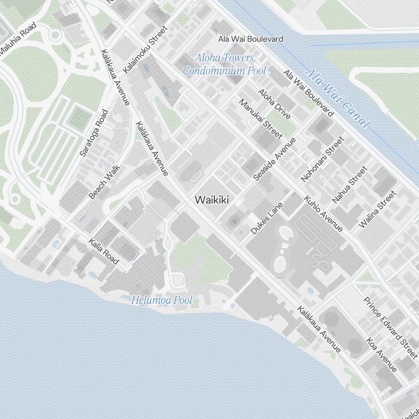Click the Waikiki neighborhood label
[212, 200]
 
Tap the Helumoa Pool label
[162, 300]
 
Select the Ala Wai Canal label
[338, 98]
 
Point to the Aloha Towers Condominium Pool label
[224, 64]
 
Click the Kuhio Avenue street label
[323, 213]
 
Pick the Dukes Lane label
[267, 218]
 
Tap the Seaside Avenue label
[274, 159]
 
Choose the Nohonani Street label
[322, 159]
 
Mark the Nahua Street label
[349, 185]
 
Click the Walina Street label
[377, 209]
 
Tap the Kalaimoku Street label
[145, 49]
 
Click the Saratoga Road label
[94, 133]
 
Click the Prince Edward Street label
[390, 328]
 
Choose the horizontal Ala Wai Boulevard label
[251, 39]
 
